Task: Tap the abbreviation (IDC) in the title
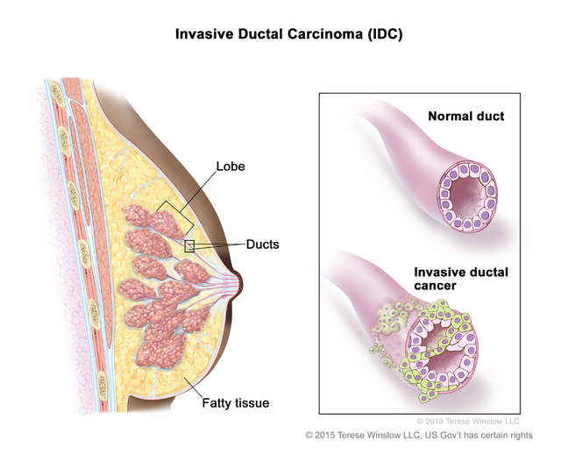pyautogui.click(x=385, y=34)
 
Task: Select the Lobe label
pyautogui.click(x=231, y=167)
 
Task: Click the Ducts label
pyautogui.click(x=263, y=245)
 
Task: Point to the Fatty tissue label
pyautogui.click(x=236, y=403)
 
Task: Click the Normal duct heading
pyautogui.click(x=466, y=117)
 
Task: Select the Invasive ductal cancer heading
pyautogui.click(x=461, y=279)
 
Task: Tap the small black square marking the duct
pyautogui.click(x=189, y=245)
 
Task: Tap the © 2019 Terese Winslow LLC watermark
pyautogui.click(x=468, y=422)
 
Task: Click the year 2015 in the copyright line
pyautogui.click(x=324, y=435)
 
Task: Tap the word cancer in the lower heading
pyautogui.click(x=435, y=286)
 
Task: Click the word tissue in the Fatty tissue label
pyautogui.click(x=252, y=403)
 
